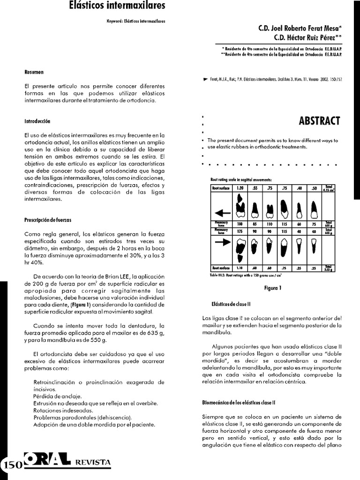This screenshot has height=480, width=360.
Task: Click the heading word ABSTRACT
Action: pos(319,121)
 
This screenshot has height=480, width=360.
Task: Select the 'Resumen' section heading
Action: pos(34,73)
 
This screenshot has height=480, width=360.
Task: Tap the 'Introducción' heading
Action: pos(37,121)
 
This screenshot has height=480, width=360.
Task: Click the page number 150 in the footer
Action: pos(11,465)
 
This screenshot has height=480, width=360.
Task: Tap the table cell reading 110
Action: pos(270,224)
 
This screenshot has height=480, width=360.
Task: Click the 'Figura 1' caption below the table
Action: pos(272,288)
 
